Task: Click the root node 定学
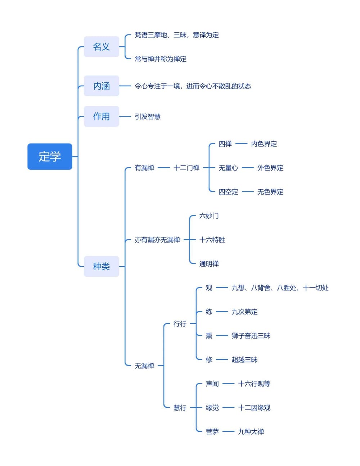click(x=50, y=157)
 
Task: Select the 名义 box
click(x=101, y=47)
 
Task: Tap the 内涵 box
click(x=101, y=86)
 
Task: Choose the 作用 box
click(x=101, y=116)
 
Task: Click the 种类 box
click(x=101, y=266)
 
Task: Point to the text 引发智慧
click(x=148, y=117)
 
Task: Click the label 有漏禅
click(x=144, y=168)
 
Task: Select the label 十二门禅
click(x=186, y=168)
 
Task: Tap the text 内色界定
click(x=264, y=144)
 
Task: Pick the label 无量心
click(x=228, y=168)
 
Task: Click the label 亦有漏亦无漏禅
click(x=157, y=240)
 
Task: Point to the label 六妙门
click(x=209, y=216)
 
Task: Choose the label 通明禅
click(x=209, y=264)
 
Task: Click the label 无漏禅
click(x=144, y=366)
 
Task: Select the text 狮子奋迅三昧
click(x=251, y=336)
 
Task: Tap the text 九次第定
click(x=244, y=312)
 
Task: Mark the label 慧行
click(x=180, y=408)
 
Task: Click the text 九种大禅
click(x=251, y=431)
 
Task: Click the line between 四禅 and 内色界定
click(x=241, y=144)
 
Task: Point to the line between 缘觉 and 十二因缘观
click(x=228, y=408)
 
